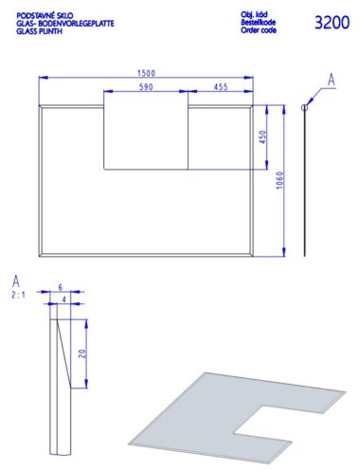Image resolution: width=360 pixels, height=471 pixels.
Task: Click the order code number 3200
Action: point(332,23)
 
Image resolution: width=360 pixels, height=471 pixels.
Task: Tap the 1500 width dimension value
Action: point(146,73)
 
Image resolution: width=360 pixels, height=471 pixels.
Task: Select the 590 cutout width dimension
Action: point(146,87)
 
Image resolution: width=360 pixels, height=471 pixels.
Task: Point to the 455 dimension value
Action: point(221,87)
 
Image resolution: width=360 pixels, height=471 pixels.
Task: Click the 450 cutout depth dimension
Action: point(262,136)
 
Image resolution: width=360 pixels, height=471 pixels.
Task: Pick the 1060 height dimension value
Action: point(280,180)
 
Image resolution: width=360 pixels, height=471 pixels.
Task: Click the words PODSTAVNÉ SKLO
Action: point(45,15)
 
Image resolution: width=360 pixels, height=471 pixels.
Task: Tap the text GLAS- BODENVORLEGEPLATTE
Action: point(65,24)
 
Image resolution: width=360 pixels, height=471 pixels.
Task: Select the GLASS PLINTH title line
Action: point(39,31)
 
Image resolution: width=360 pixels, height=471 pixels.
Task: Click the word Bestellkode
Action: point(258,22)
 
